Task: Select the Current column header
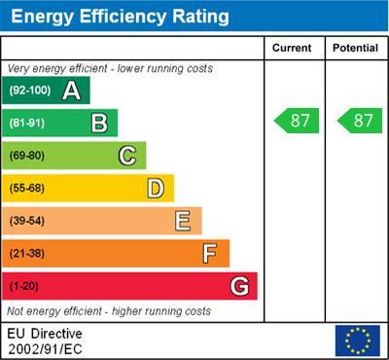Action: (292, 48)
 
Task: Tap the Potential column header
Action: (355, 48)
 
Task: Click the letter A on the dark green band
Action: (70, 90)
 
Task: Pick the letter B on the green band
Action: (98, 123)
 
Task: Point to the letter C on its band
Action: (126, 156)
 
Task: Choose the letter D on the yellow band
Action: (155, 188)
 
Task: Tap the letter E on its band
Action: (182, 221)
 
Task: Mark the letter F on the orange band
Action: (209, 253)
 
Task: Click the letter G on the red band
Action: (238, 286)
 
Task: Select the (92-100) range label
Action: (28, 90)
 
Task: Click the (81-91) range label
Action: (26, 123)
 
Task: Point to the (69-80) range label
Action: (26, 156)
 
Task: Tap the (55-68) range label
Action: (26, 188)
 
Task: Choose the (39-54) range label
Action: (26, 221)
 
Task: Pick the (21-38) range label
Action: (26, 253)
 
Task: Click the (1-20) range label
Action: (23, 286)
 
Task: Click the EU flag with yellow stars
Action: (357, 340)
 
